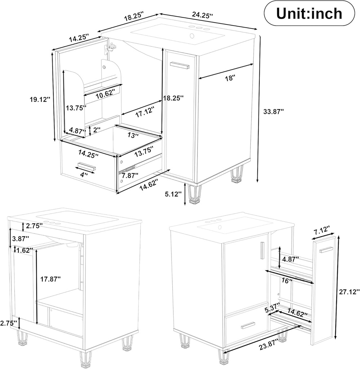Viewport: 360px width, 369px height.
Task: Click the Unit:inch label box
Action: click(x=309, y=14)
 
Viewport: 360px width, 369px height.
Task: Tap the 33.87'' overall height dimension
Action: click(x=274, y=112)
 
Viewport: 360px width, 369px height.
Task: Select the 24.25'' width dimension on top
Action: click(x=203, y=15)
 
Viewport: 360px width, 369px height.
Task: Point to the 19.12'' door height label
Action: click(x=40, y=99)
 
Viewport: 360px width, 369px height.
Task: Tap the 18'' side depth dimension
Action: click(x=230, y=78)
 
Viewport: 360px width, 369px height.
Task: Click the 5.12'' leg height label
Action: click(x=173, y=194)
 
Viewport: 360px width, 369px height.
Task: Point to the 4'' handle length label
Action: click(x=84, y=175)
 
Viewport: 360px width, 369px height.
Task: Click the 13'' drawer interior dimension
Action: click(x=133, y=135)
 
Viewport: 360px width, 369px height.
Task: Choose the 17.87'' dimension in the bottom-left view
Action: click(x=50, y=279)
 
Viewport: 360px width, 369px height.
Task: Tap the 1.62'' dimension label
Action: click(x=24, y=251)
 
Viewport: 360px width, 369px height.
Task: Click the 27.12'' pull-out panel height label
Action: click(x=349, y=292)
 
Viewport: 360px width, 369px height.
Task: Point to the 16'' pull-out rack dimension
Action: click(x=287, y=281)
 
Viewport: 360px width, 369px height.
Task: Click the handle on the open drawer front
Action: click(x=87, y=166)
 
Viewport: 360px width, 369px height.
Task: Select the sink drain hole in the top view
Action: click(x=192, y=36)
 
